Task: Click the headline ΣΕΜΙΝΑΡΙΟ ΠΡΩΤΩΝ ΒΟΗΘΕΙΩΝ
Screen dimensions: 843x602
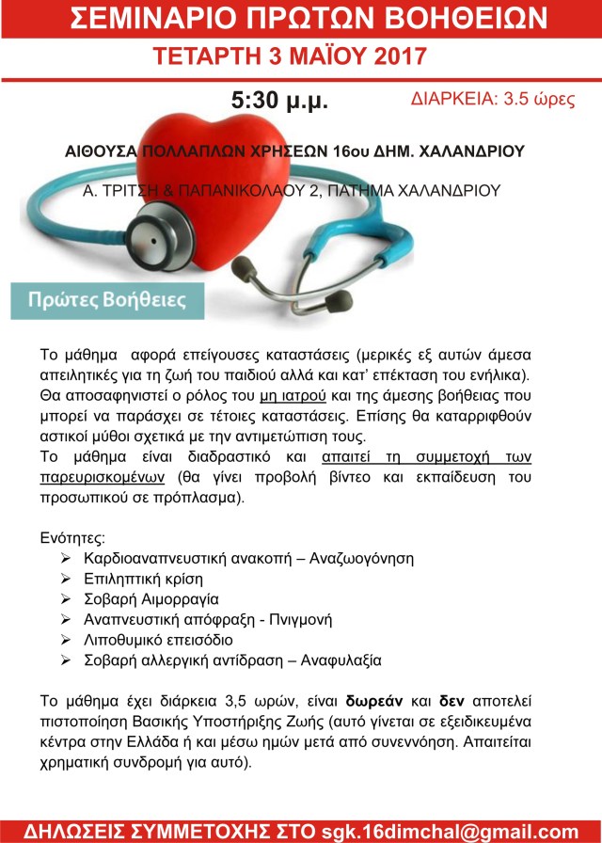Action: click(x=300, y=18)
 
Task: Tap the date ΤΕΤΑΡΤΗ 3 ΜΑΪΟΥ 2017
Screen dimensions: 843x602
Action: click(x=300, y=56)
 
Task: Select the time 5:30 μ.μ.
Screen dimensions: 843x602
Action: click(x=279, y=101)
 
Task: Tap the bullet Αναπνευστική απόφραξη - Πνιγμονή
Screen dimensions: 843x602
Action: click(x=208, y=619)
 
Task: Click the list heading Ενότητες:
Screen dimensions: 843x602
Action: click(x=72, y=537)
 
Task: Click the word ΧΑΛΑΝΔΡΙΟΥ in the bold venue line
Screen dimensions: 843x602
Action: click(x=473, y=151)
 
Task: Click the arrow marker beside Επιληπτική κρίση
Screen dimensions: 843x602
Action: click(x=64, y=578)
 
